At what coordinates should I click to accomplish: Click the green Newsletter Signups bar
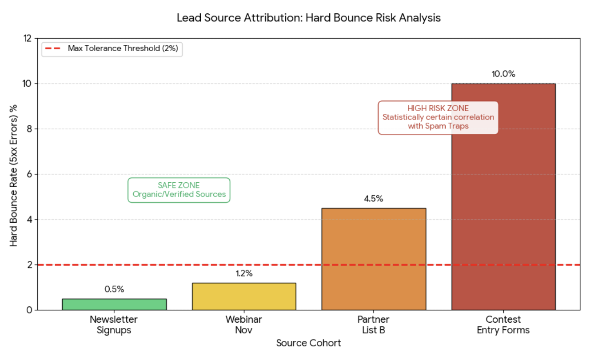click(114, 304)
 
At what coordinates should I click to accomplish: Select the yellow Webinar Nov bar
click(244, 296)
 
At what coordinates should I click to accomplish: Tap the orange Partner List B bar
click(374, 259)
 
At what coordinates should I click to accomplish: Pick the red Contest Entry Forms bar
click(503, 196)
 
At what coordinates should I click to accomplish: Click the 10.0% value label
click(503, 74)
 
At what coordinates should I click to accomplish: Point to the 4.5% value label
click(374, 199)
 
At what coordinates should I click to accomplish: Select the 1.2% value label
click(244, 274)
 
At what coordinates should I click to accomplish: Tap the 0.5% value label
click(114, 289)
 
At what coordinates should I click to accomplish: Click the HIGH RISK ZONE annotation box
click(438, 117)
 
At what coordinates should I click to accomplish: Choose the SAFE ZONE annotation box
click(179, 190)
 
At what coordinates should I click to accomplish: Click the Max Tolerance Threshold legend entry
click(112, 48)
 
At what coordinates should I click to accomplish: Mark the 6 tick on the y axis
click(29, 174)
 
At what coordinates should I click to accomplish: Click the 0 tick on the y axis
click(29, 310)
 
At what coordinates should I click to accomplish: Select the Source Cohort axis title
click(308, 343)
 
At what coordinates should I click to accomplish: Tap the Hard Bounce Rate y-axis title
click(14, 174)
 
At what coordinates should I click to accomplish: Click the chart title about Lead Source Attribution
click(308, 18)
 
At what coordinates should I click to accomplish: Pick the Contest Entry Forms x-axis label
click(503, 324)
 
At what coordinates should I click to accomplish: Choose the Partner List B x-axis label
click(374, 324)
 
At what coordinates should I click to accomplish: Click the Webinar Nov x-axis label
click(244, 324)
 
